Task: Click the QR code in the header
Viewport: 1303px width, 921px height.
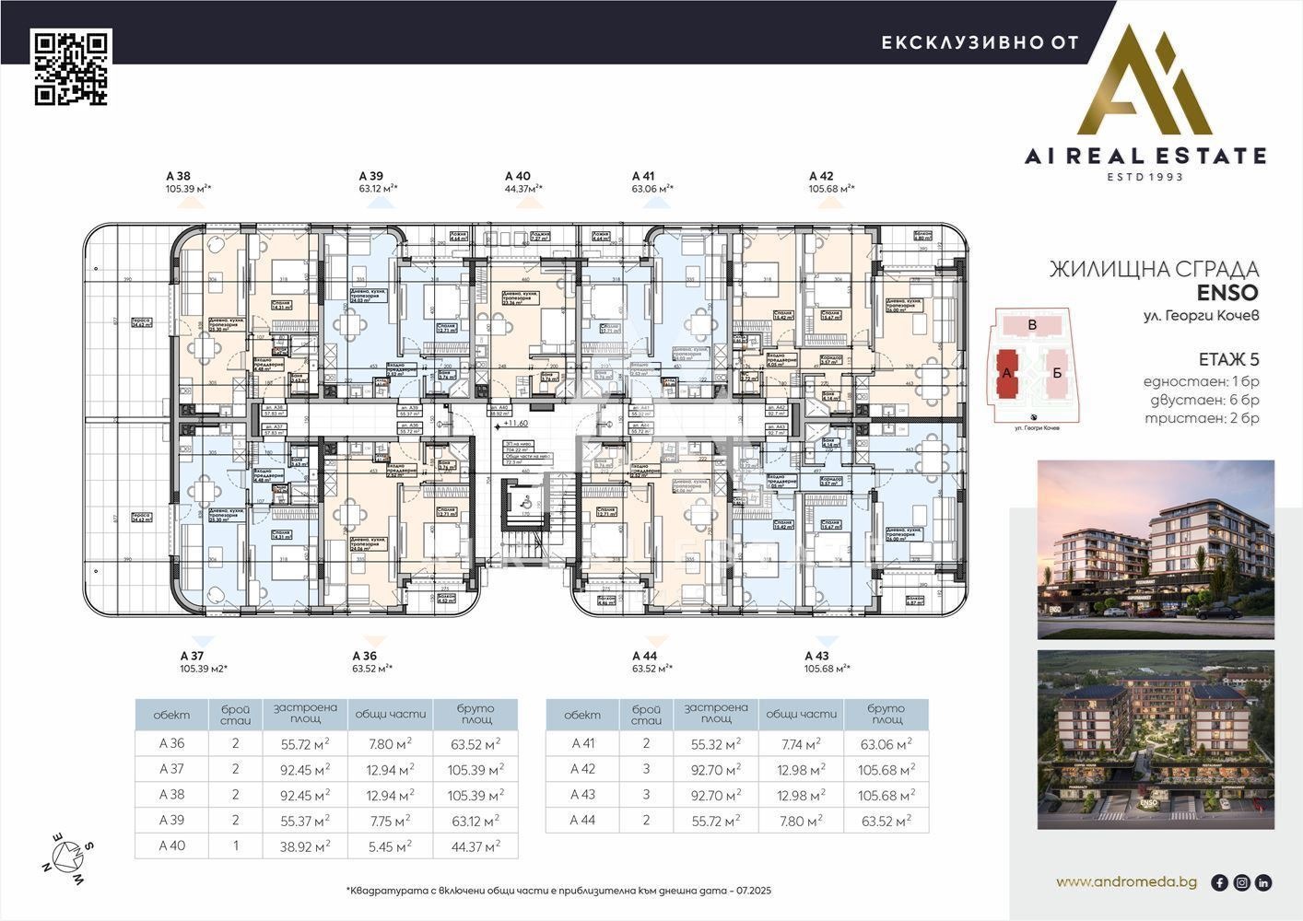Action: click(x=72, y=68)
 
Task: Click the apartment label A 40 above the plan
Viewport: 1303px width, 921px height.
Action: click(x=518, y=175)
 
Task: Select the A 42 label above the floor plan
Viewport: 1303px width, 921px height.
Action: click(x=821, y=175)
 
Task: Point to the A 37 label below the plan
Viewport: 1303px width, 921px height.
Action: click(x=193, y=656)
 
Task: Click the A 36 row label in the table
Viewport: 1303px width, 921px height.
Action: click(x=171, y=743)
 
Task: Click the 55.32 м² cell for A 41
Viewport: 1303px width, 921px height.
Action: click(x=715, y=743)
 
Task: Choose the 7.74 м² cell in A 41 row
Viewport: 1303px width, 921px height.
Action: click(x=800, y=743)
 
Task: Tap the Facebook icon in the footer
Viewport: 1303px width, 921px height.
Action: click(x=1219, y=882)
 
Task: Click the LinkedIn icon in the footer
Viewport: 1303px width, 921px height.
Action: click(x=1263, y=882)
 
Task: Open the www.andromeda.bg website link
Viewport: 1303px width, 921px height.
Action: click(x=1126, y=882)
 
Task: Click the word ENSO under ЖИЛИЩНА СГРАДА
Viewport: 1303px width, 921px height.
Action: click(x=1227, y=293)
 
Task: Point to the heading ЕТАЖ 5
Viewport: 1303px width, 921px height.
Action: click(x=1227, y=359)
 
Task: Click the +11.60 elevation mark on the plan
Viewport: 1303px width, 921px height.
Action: click(x=514, y=423)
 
